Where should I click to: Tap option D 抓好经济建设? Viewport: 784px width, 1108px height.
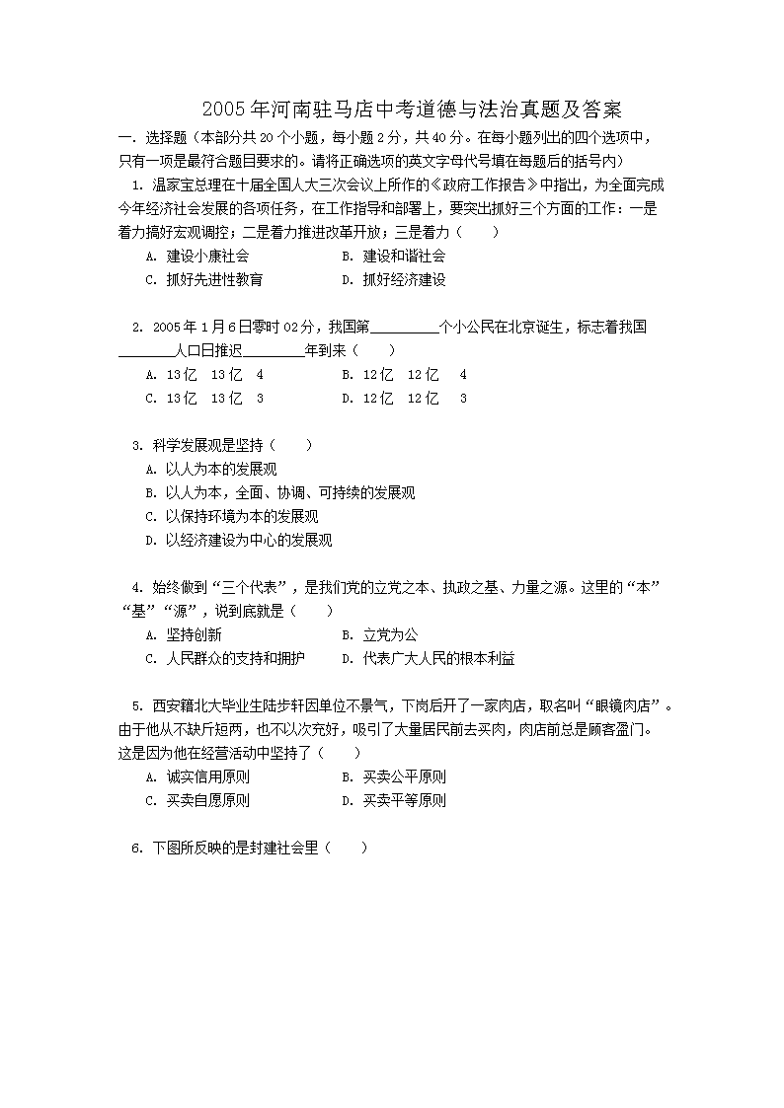(x=393, y=279)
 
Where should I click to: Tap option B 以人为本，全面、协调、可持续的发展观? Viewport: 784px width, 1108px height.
(x=279, y=492)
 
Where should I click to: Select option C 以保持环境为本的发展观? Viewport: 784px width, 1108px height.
(x=231, y=516)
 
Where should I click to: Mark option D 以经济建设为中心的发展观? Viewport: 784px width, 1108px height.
(x=238, y=540)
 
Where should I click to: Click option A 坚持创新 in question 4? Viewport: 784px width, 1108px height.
(x=183, y=634)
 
